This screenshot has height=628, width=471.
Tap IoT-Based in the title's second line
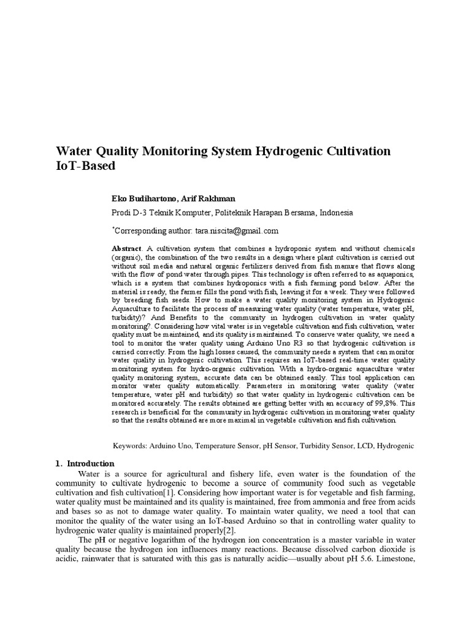[85, 166]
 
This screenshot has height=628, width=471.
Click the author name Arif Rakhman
[204, 199]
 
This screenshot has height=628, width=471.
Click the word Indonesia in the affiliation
[331, 213]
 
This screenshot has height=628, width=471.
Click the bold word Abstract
[126, 247]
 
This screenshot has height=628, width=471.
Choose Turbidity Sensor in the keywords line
[323, 446]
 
